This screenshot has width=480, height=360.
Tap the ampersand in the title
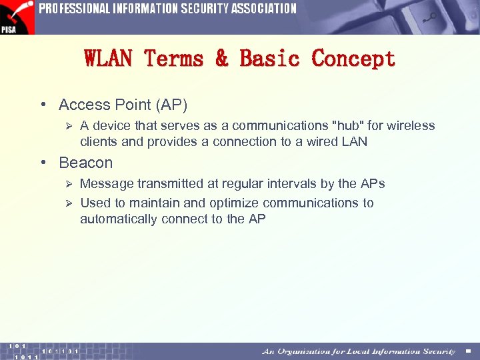(221, 59)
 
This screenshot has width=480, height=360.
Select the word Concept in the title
(353, 59)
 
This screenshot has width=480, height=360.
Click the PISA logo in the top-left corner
(17, 17)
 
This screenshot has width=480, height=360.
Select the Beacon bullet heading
(85, 163)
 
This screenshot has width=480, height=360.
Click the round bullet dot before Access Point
(42, 105)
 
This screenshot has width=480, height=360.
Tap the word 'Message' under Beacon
(105, 183)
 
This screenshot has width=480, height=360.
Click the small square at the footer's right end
(468, 351)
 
